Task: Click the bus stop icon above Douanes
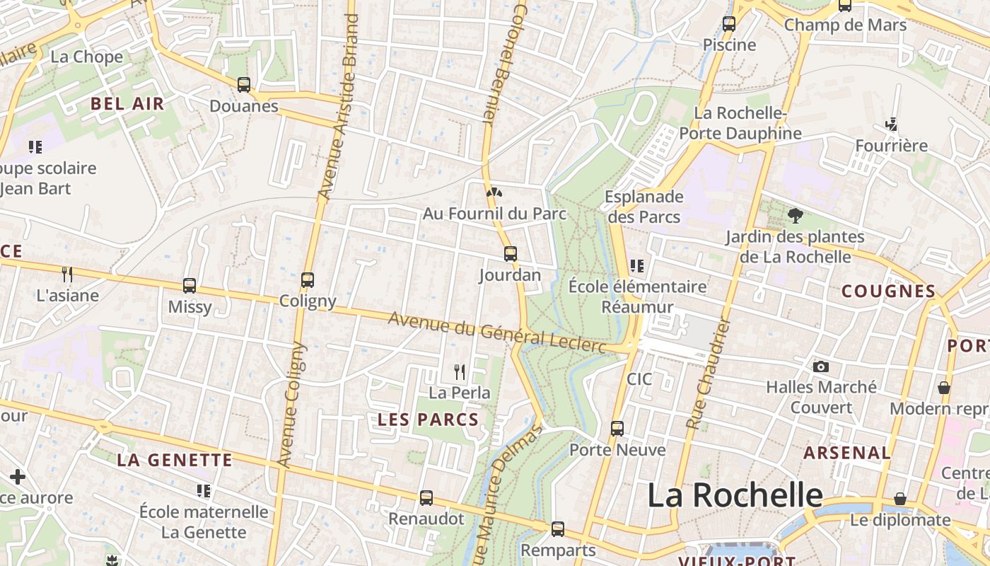coord(244,85)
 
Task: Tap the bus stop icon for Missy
coord(190,286)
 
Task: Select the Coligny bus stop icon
coord(307,280)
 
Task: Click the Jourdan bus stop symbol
coord(511,254)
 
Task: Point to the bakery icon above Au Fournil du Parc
coord(494,192)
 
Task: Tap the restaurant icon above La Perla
coord(460,371)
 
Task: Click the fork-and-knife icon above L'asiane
coord(67,275)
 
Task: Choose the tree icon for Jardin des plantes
coord(795,215)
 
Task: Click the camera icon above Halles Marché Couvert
coord(821,366)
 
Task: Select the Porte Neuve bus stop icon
coord(617,429)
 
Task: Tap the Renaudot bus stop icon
coord(426,498)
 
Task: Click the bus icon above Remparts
coord(558,529)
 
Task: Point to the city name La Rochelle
coord(735,495)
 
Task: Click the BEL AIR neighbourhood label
coord(127,104)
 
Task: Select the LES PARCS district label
coord(429,420)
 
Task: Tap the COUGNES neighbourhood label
coord(888,291)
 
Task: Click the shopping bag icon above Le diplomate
coord(900,499)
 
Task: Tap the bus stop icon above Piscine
coord(729,24)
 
